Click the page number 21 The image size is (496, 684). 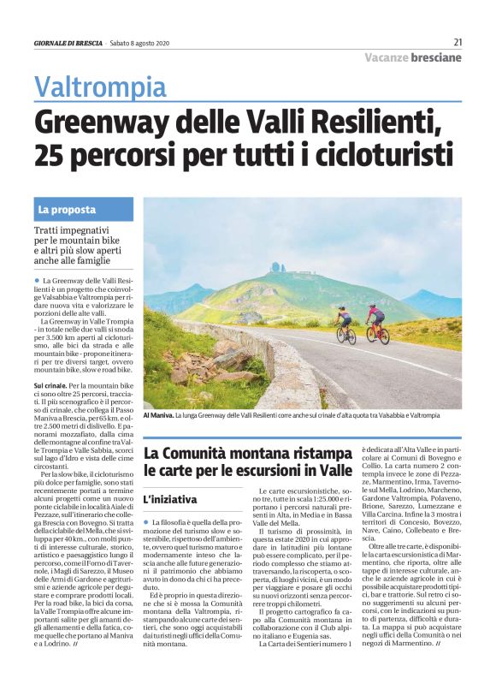[458, 41]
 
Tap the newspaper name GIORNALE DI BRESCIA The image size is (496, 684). [67, 42]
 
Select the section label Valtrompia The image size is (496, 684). [100, 86]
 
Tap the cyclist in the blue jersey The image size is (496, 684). [344, 324]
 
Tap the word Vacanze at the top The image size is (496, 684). [384, 57]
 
